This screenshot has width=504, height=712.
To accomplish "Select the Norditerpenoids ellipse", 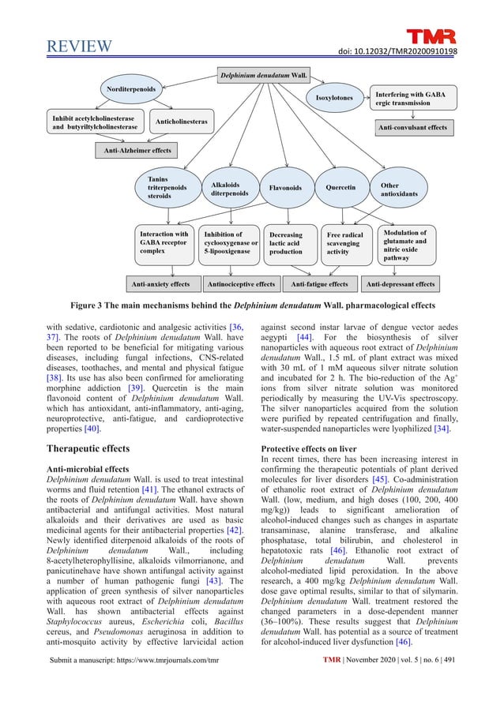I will tap(130, 88).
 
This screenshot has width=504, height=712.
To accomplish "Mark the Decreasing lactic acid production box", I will tap(290, 243).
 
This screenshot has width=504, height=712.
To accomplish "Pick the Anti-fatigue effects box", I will tap(320, 283).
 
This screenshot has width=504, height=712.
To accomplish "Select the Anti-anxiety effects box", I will tap(160, 283).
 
